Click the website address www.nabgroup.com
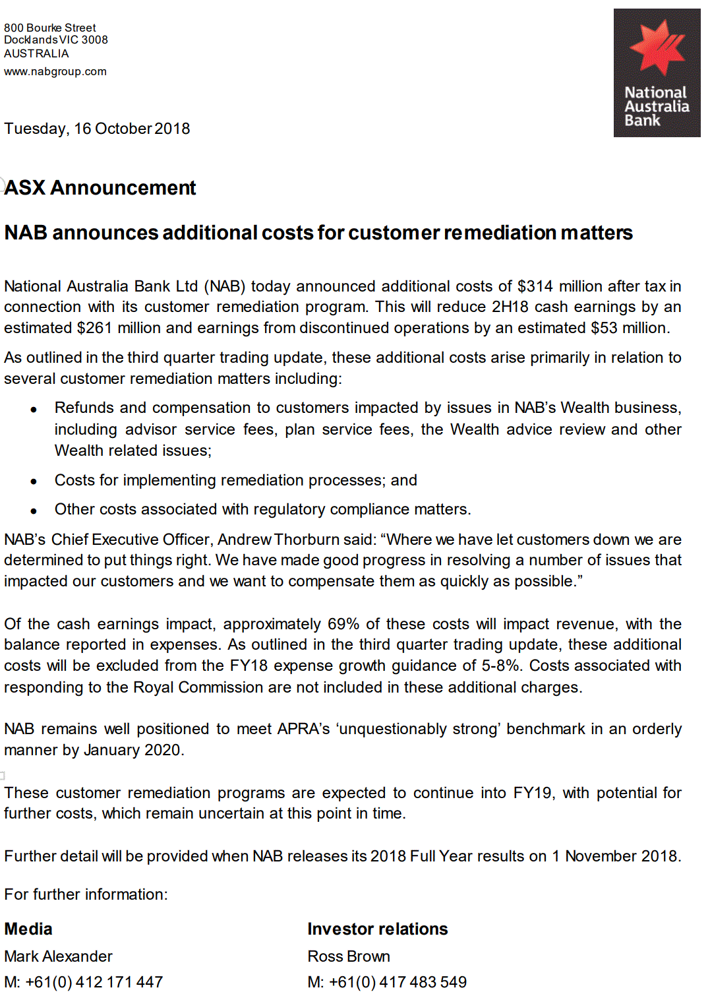point(55,71)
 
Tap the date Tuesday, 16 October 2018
point(97,129)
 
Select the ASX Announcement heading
point(100,188)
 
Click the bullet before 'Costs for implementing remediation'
point(34,482)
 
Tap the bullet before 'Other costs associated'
point(34,511)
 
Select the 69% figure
point(343,624)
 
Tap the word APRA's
point(303,729)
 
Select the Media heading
point(28,929)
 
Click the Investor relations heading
point(378,929)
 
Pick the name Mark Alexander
point(58,956)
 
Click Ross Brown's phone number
point(398,982)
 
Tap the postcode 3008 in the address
point(94,40)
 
